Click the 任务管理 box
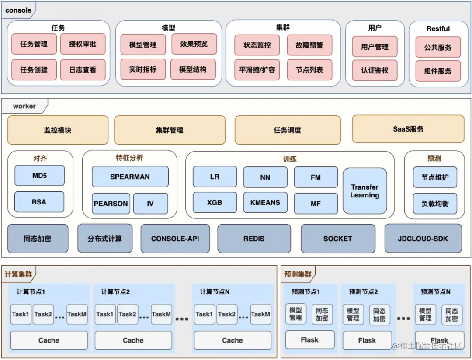pos(34,44)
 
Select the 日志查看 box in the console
pos(83,70)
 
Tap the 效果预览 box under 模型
pos(194,44)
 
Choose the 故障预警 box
pos(309,45)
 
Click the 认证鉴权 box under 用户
pos(375,70)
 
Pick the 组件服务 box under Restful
pos(438,71)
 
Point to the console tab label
pos(18,10)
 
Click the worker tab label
pos(24,106)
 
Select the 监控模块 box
pos(58,130)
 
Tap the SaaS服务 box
pos(408,129)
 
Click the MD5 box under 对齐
pos(39,176)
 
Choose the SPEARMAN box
pos(130,177)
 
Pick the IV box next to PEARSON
pos(150,204)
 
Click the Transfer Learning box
pos(364,191)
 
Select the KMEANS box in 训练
pos(265,203)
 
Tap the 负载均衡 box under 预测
pos(435,204)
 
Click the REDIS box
pos(254,239)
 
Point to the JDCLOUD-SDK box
pos(423,239)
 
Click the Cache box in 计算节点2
pos(133,340)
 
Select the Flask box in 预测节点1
pos(309,340)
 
